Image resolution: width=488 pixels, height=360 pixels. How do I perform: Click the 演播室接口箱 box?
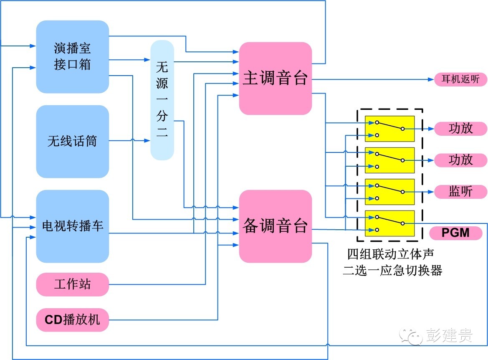[x=72, y=57]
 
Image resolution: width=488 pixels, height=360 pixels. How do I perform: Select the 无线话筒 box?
[x=72, y=141]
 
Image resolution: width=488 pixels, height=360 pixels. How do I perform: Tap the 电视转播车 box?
[x=72, y=226]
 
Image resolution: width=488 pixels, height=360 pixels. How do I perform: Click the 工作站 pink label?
[x=72, y=284]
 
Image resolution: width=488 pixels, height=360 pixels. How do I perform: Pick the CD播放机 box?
[x=72, y=320]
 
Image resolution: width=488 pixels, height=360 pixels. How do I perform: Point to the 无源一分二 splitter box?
[x=162, y=100]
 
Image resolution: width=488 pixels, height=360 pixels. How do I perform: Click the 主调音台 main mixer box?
[x=275, y=78]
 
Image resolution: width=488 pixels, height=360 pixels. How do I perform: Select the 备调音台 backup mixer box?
[x=275, y=226]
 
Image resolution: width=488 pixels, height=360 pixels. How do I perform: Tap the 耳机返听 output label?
[x=460, y=79]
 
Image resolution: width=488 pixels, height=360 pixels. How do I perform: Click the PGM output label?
[x=455, y=233]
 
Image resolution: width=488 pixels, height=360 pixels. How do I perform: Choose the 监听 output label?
[x=460, y=192]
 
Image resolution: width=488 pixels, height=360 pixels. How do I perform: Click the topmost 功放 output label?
[x=460, y=129]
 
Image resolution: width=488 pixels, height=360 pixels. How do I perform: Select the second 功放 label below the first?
[x=460, y=160]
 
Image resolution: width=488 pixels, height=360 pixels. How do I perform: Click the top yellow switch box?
[x=389, y=129]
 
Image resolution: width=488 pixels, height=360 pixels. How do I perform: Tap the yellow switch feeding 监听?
[x=389, y=192]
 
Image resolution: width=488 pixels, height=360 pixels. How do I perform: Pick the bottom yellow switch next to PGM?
[x=389, y=223]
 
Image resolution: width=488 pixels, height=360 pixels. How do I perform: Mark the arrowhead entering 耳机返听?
[x=432, y=79]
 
